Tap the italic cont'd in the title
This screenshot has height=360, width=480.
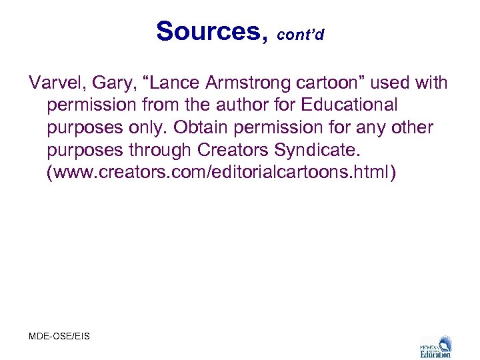point(300,35)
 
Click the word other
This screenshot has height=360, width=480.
point(411,127)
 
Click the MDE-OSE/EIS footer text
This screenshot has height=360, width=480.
point(59,336)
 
